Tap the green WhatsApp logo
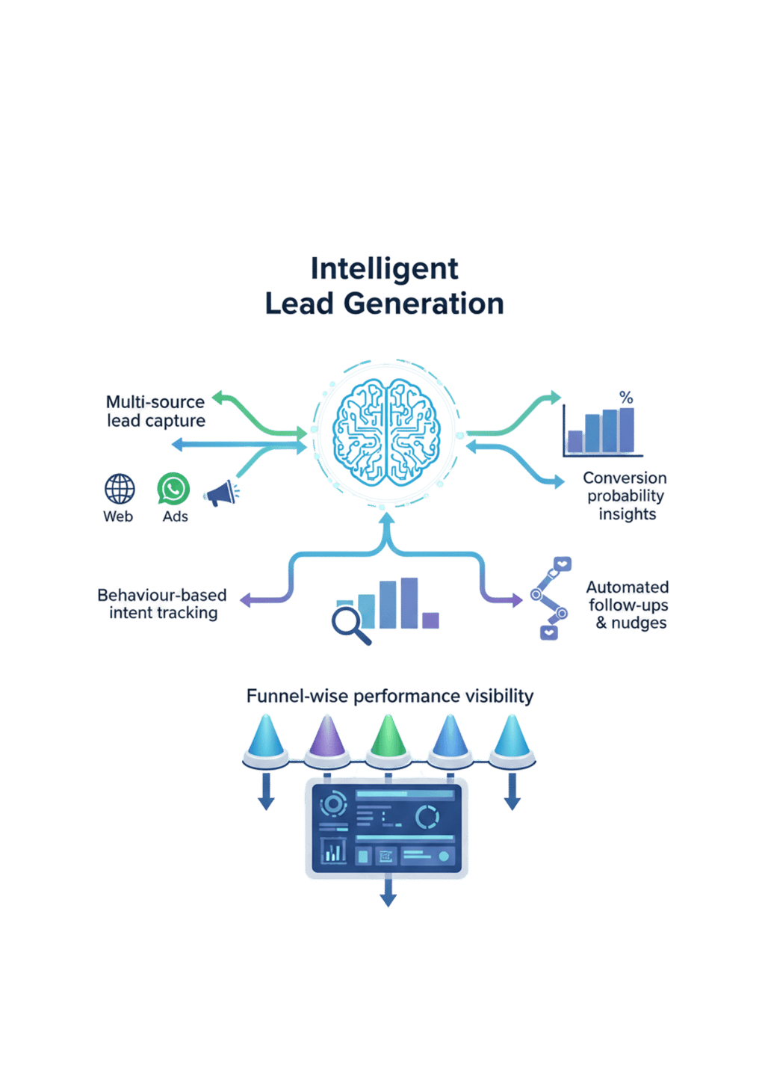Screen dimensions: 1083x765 point(173,489)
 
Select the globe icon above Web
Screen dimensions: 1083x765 point(120,490)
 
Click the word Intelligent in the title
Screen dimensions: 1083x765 point(384,268)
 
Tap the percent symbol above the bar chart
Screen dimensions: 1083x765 point(626,398)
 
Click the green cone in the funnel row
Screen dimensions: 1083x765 point(388,735)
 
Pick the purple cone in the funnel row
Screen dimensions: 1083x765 point(326,735)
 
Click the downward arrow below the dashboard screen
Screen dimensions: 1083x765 point(388,893)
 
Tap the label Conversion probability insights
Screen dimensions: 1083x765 point(626,496)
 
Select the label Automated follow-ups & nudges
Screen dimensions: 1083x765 point(629,605)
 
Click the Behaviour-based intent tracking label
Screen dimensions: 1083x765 point(162,604)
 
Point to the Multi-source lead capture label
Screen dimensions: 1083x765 point(155,411)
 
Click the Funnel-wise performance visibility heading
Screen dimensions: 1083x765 point(389,697)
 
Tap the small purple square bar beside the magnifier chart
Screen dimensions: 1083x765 point(430,620)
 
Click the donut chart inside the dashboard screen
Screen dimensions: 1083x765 point(427,817)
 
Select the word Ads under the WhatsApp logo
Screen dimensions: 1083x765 point(175,516)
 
